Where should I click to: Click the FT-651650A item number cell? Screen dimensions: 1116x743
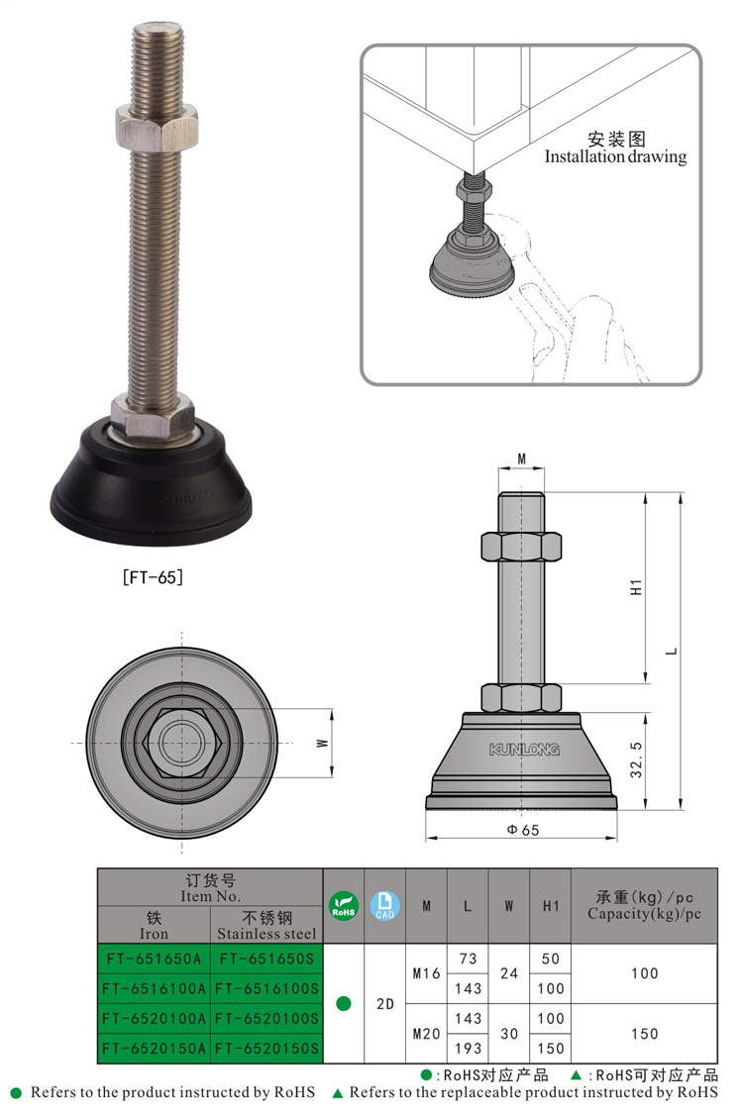154,959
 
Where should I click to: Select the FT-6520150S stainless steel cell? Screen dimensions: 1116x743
267,1049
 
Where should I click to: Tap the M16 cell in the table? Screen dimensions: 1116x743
426,973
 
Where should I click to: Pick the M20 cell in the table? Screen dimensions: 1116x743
426,1034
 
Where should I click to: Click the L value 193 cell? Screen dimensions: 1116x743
468,1049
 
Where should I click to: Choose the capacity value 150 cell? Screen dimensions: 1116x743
644,1034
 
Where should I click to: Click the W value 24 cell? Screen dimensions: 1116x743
509,973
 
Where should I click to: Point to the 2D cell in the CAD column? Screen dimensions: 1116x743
385,1003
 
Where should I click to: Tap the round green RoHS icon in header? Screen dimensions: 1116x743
344,905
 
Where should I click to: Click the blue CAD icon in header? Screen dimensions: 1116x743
384,905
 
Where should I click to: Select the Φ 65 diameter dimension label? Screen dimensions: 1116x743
522,830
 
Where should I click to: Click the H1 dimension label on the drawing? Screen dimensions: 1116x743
636,586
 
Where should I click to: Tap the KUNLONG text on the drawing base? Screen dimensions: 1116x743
523,751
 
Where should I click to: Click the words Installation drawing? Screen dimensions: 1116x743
615,156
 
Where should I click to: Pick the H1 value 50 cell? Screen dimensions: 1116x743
551,959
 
